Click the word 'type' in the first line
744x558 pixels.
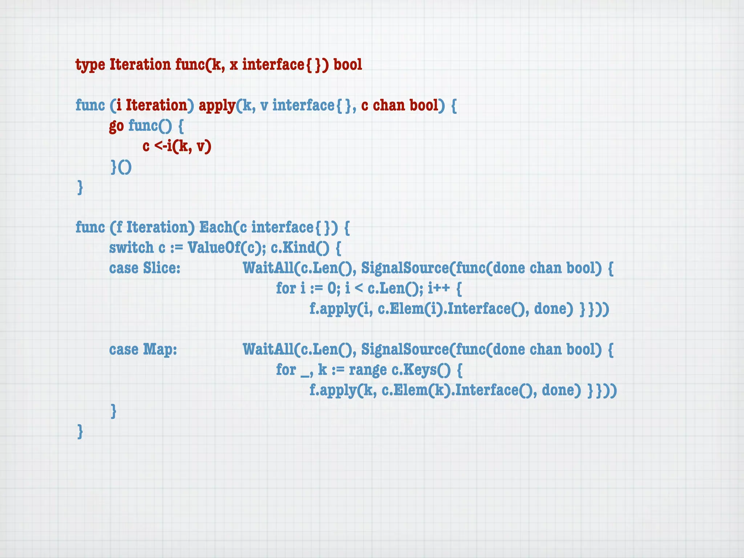pos(90,65)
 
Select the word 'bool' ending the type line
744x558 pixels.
pos(348,65)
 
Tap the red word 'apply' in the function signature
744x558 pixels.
pos(217,106)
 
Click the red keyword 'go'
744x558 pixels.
pos(116,126)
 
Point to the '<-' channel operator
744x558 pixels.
pos(160,146)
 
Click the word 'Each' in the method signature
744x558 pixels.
pos(216,227)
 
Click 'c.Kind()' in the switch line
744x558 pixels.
pos(300,248)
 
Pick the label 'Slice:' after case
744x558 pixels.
pos(162,268)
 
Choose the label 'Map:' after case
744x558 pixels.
pos(160,349)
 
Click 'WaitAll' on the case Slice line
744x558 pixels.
pos(268,268)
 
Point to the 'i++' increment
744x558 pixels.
pos(439,288)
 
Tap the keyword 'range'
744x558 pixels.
pos(368,370)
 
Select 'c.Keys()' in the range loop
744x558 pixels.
pos(421,370)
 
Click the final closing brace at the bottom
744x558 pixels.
pos(80,432)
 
